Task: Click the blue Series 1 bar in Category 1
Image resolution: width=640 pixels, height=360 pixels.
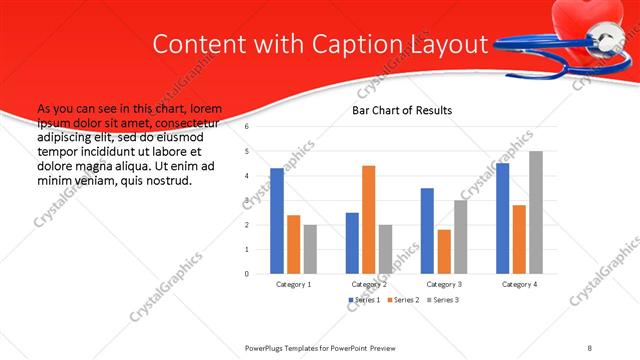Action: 277,221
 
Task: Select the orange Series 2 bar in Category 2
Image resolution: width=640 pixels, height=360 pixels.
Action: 368,219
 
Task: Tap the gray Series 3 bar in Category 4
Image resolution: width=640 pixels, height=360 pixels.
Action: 536,212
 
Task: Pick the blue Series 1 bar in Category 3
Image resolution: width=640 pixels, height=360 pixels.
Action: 427,231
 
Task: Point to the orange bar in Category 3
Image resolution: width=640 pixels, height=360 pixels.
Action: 444,251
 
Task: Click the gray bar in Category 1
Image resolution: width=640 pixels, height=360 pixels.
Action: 310,249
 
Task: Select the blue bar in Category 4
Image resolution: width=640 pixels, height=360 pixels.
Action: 502,218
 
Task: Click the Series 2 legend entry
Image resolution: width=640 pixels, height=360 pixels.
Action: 402,300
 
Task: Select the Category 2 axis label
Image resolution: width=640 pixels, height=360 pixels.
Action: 368,284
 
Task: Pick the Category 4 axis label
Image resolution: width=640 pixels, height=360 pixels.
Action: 519,284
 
